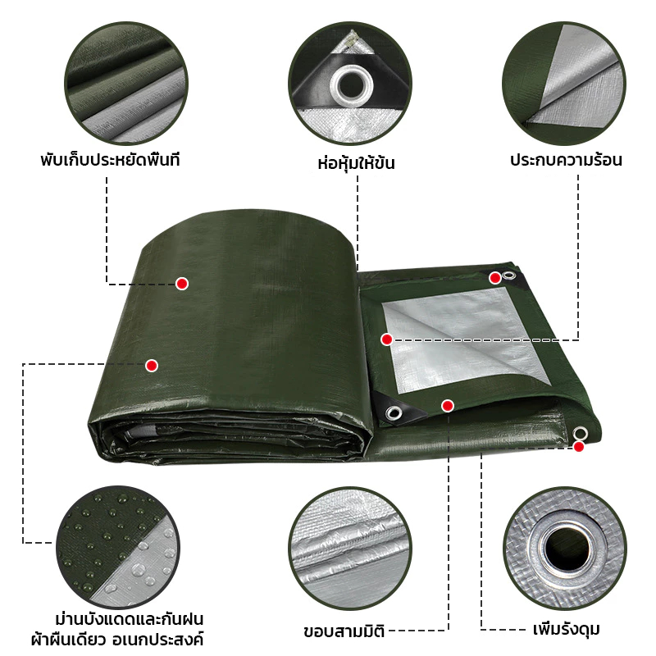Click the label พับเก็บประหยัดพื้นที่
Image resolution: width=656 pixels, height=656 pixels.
tap(110, 159)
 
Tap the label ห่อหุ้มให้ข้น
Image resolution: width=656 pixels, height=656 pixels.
tap(356, 162)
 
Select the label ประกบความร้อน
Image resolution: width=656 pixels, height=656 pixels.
tap(566, 159)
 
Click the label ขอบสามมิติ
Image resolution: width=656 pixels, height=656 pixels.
tap(344, 631)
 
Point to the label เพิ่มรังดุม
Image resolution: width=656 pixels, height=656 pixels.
tap(567, 629)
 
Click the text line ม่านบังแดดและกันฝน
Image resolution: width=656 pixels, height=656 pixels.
tap(130, 619)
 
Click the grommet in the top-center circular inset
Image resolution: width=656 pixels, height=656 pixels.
tap(351, 85)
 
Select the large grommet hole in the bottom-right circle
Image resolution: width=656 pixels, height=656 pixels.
tap(565, 549)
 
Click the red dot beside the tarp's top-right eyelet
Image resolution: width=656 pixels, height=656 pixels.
tap(495, 278)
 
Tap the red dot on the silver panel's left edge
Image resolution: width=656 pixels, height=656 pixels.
tap(386, 339)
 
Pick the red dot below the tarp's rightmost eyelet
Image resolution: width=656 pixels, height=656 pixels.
tap(579, 447)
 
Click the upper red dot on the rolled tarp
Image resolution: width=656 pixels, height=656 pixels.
tap(182, 284)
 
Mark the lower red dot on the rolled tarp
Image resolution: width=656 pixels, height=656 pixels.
tap(152, 366)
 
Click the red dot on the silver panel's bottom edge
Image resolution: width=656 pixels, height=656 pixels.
tap(448, 405)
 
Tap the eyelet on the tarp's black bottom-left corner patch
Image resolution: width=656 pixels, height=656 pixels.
tap(394, 413)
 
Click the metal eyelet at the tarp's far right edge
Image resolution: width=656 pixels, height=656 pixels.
tap(580, 434)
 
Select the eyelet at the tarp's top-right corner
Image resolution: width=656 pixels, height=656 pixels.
tap(508, 275)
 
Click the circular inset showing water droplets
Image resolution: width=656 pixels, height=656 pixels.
tap(117, 547)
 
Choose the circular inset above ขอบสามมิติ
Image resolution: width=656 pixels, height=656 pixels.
tap(350, 549)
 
